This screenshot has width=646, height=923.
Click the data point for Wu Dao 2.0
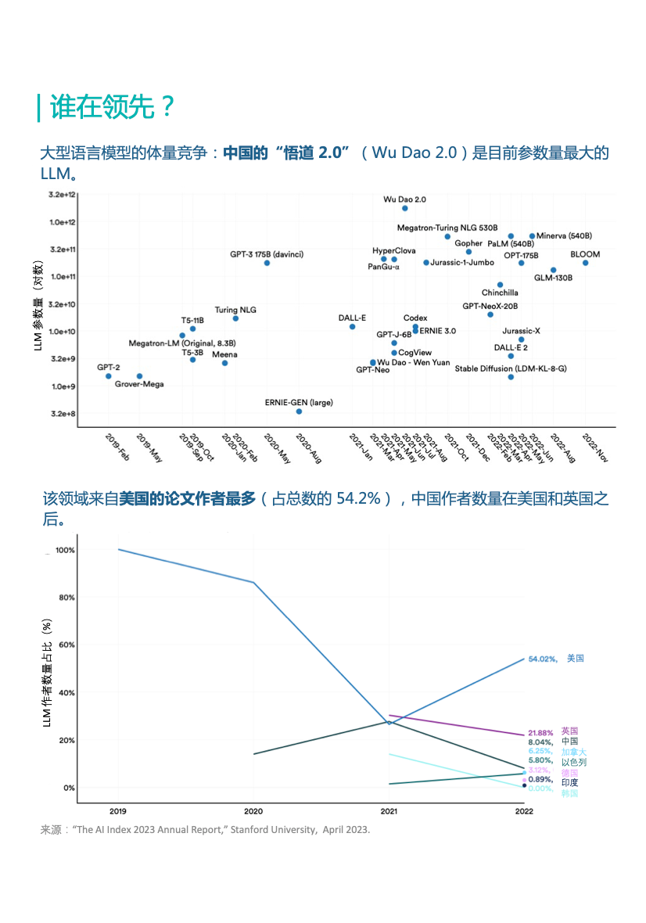pos(404,208)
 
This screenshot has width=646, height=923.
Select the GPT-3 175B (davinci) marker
pos(267,263)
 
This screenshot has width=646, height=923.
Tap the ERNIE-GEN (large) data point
pos(299,411)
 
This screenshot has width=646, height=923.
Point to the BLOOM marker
pos(585,263)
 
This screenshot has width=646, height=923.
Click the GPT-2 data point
pos(109,376)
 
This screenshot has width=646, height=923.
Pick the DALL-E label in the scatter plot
pos(352,318)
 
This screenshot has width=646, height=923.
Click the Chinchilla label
pos(500,293)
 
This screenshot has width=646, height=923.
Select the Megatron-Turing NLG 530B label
pos(447,228)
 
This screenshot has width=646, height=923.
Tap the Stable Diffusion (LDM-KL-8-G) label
pos(511,368)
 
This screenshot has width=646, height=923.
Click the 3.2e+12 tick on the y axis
pos(62,194)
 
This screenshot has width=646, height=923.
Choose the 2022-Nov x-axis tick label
pos(596,447)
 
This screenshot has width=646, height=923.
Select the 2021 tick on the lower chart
pos(389,812)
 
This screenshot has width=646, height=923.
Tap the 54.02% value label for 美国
pos(542,659)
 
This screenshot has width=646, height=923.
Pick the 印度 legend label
pos(570,782)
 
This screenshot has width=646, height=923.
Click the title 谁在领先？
pos(113,107)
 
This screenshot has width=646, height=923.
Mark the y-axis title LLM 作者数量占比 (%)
pos(48,673)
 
